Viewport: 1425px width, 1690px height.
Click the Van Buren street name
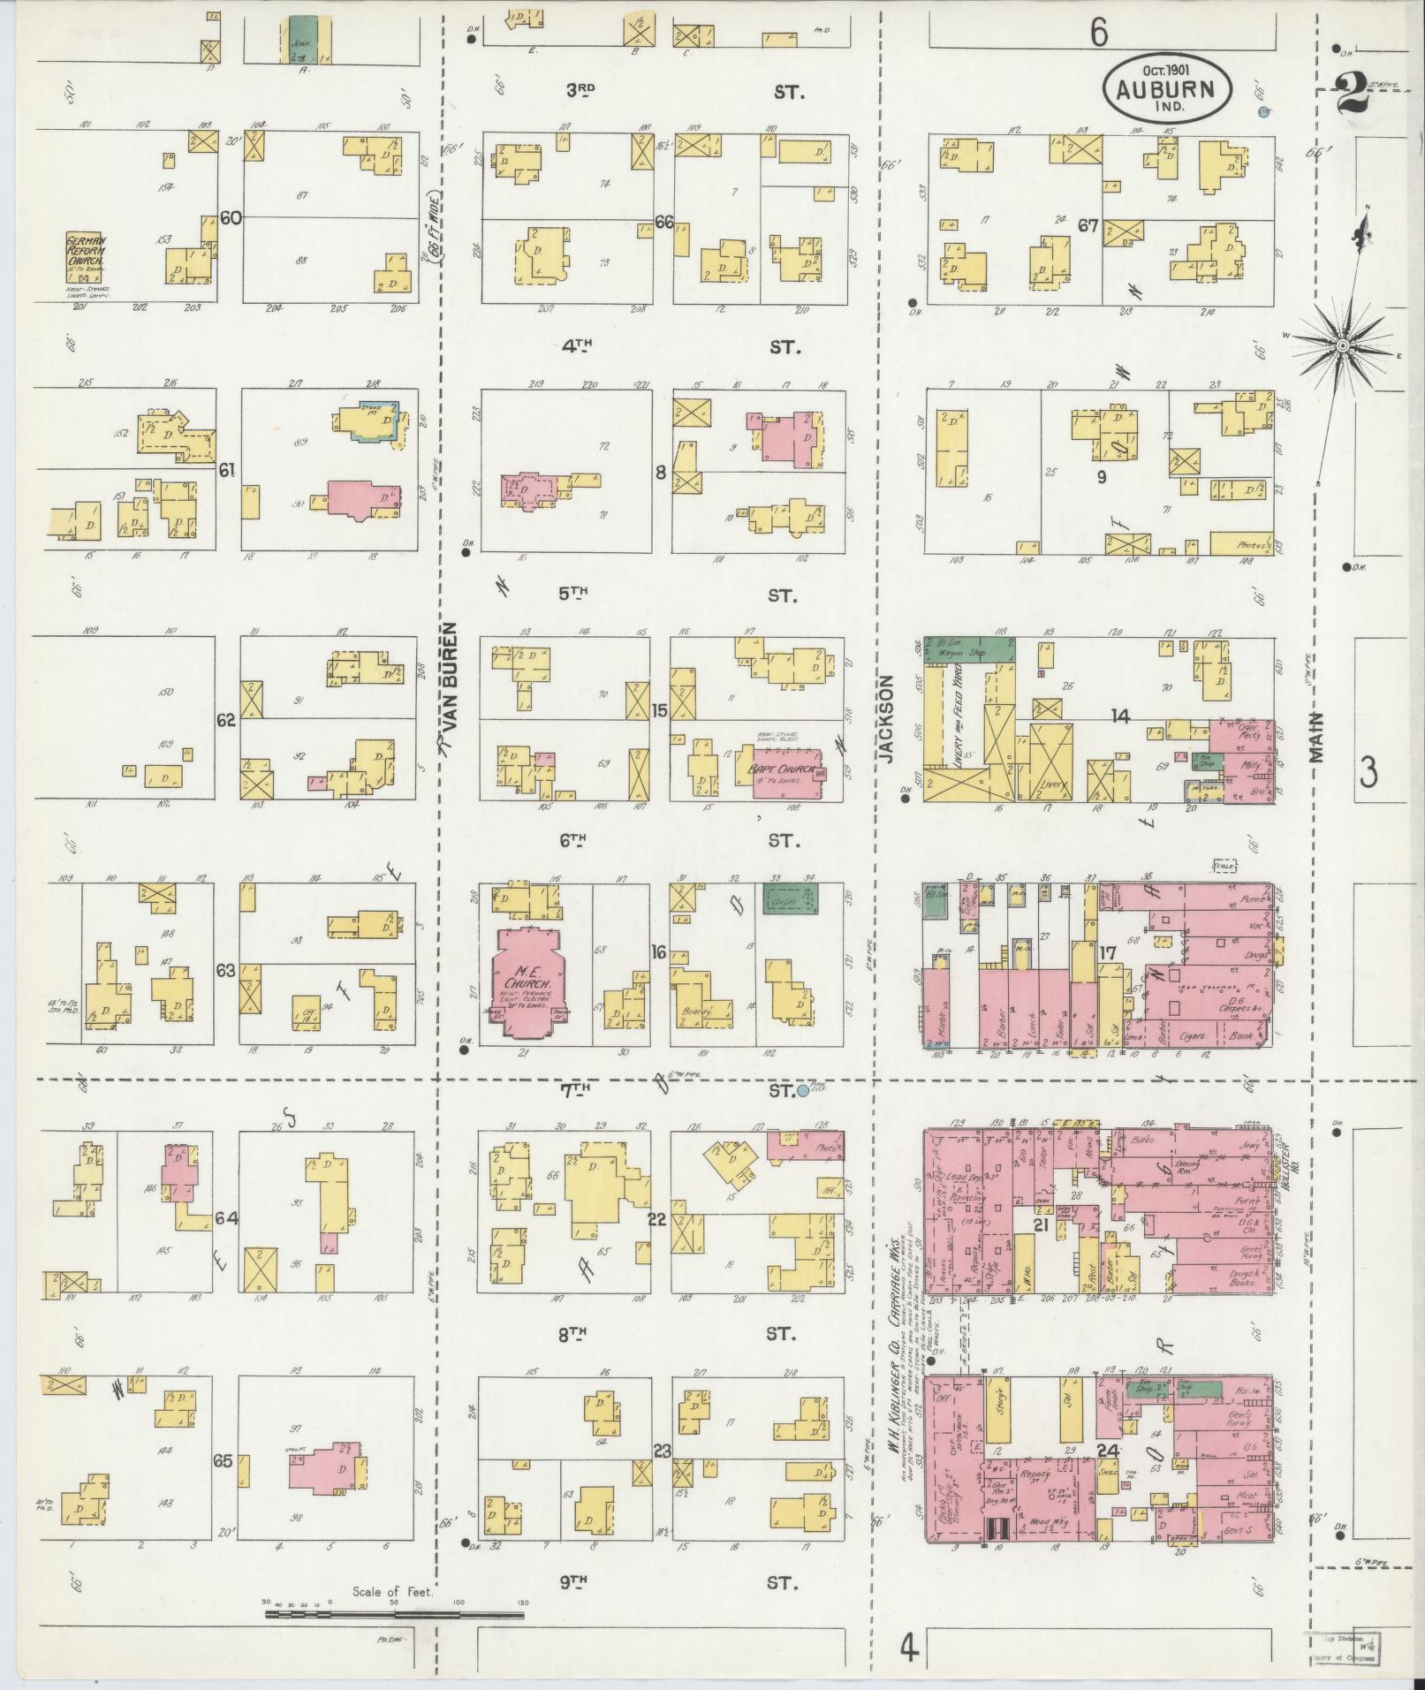(451, 677)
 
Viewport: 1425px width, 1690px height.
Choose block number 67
(1087, 225)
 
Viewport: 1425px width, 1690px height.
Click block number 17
(1109, 952)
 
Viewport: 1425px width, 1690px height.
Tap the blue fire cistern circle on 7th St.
(802, 1091)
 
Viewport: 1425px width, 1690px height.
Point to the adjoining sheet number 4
(907, 1646)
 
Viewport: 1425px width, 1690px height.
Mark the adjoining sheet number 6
(1098, 33)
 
